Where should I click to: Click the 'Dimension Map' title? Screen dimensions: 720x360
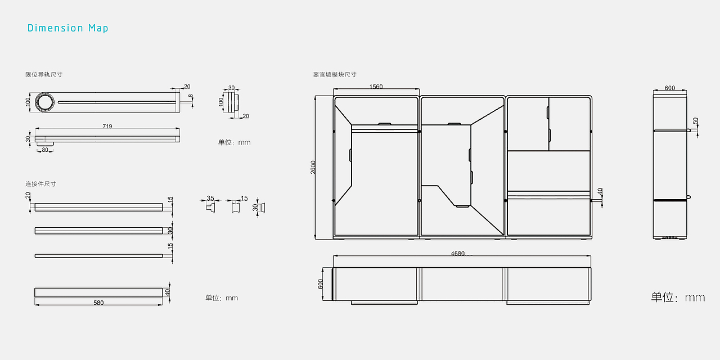click(x=67, y=28)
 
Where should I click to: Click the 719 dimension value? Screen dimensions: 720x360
click(x=107, y=126)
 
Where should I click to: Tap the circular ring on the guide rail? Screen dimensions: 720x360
click(x=44, y=102)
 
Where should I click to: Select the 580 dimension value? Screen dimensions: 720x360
click(x=98, y=303)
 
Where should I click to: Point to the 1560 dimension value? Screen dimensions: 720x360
click(x=376, y=87)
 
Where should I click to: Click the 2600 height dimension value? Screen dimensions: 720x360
click(x=313, y=167)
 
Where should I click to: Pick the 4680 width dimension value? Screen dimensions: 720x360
click(x=458, y=254)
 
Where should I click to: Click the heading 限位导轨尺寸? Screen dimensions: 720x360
click(x=44, y=74)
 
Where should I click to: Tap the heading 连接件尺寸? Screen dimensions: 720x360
click(x=40, y=184)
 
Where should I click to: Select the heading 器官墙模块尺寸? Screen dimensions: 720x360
click(x=335, y=74)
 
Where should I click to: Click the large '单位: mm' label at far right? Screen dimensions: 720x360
click(x=678, y=297)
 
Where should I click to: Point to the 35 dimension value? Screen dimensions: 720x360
click(x=210, y=199)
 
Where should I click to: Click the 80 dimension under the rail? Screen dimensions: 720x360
click(x=45, y=150)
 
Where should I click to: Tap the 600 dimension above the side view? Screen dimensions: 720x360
click(x=669, y=88)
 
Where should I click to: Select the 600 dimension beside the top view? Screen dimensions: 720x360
click(x=321, y=284)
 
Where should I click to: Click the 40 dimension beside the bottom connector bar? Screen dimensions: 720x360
click(x=168, y=292)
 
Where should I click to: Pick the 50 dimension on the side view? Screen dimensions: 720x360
click(x=696, y=121)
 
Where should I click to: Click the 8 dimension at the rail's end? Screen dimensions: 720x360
click(x=191, y=97)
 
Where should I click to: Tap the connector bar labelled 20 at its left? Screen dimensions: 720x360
click(x=98, y=207)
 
